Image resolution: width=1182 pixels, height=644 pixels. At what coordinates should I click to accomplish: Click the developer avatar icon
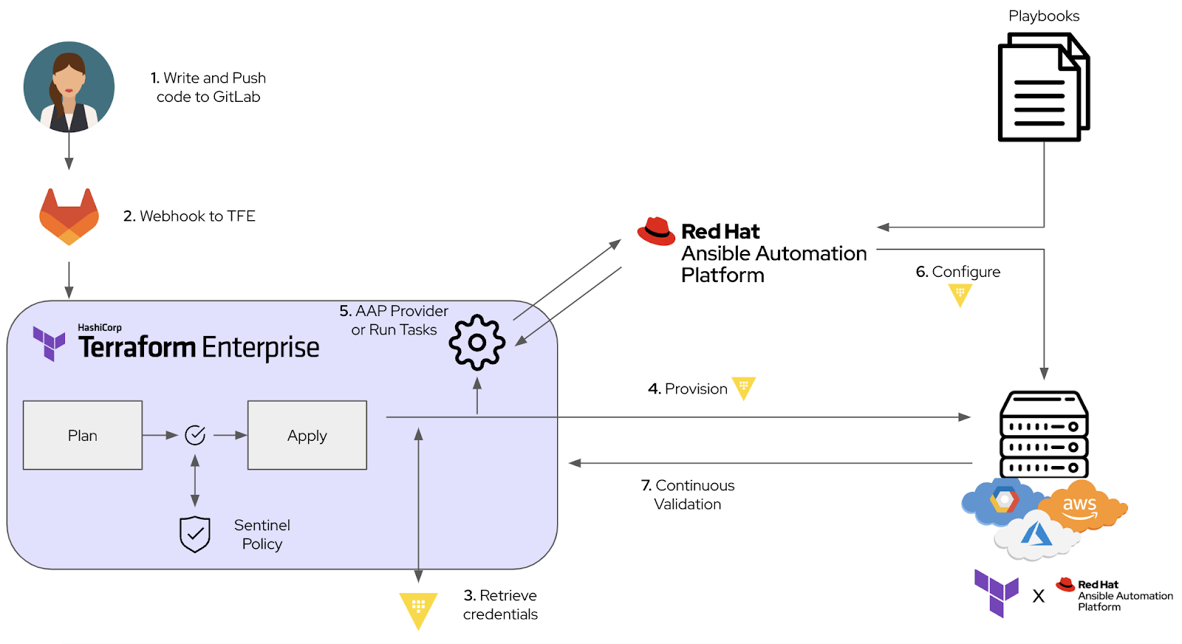69,87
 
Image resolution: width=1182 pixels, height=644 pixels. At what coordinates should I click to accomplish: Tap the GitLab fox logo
69,217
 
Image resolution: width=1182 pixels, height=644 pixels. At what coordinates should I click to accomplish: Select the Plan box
83,435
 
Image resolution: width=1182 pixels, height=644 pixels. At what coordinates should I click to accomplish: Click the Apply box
307,435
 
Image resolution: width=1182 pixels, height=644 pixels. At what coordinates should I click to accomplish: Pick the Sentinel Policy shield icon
195,534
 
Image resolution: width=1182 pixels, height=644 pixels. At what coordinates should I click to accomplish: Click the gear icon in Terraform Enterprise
477,342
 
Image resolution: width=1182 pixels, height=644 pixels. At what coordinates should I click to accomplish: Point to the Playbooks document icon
1043,89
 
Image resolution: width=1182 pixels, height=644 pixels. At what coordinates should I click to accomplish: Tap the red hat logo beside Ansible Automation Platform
656,231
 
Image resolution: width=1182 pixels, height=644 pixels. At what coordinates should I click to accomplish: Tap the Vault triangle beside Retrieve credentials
418,609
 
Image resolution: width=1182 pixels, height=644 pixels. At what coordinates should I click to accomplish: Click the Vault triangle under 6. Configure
960,295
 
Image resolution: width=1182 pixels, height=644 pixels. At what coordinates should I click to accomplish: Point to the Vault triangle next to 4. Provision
743,388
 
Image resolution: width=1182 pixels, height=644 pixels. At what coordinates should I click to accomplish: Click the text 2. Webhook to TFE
189,216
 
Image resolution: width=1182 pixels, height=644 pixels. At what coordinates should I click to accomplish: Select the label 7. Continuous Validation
688,495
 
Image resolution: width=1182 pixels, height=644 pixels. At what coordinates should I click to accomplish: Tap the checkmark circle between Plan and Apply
195,435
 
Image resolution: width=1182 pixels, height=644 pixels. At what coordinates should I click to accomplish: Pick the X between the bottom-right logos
1039,597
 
